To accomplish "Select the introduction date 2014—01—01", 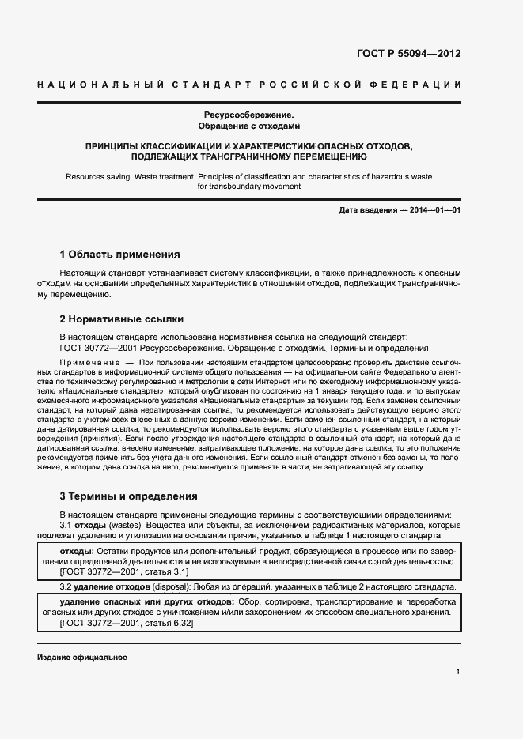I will (432, 210).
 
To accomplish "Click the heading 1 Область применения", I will (120, 255).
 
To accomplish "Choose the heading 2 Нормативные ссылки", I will (122, 319).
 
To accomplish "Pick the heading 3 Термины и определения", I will (129, 496).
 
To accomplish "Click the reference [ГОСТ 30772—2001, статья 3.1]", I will (124, 571).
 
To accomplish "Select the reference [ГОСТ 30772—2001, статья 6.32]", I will (127, 623).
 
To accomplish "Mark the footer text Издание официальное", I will (82, 658).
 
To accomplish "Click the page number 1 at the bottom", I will (457, 671).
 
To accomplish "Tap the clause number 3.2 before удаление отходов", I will (66, 587).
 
